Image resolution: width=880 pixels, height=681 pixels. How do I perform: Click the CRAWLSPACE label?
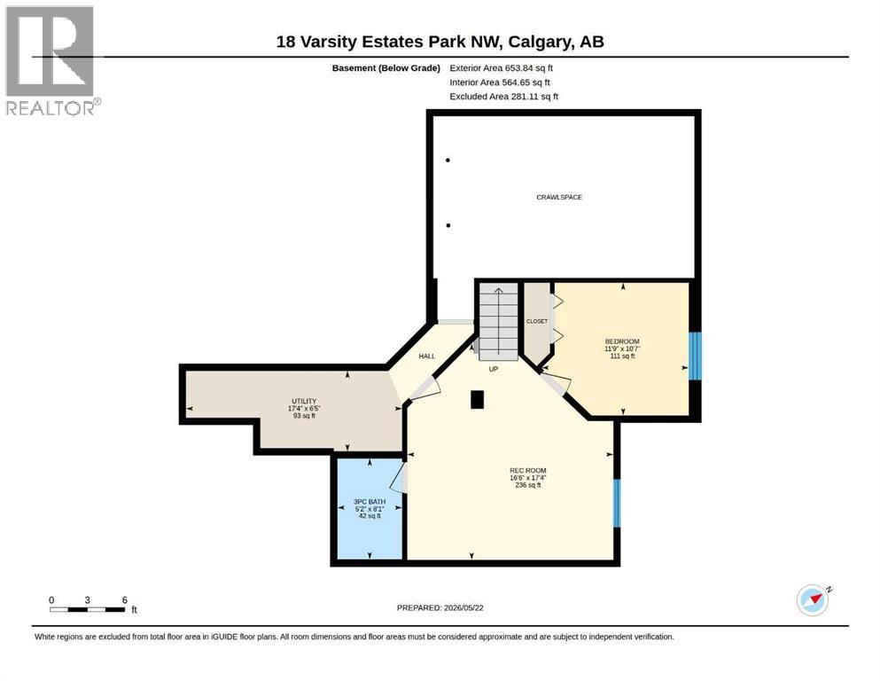[x=559, y=197]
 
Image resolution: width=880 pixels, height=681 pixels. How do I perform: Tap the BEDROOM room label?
[x=622, y=341]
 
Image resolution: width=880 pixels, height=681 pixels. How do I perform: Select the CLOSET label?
[x=536, y=321]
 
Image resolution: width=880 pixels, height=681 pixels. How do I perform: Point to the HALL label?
[x=426, y=356]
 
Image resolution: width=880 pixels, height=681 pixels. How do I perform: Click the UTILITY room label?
[x=304, y=401]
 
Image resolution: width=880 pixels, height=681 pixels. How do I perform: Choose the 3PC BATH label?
[x=370, y=501]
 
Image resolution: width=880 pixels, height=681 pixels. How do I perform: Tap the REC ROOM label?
[x=527, y=471]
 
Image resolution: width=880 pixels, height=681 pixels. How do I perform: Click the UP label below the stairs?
[x=494, y=369]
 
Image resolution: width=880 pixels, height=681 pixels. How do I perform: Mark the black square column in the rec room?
[x=477, y=399]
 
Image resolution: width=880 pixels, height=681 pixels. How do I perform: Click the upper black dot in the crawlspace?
[x=448, y=160]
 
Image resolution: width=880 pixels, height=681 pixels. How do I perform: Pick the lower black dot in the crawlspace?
[x=448, y=226]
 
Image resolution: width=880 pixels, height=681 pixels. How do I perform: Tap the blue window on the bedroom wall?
[x=695, y=356]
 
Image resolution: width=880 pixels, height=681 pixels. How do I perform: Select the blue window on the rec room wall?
[x=617, y=503]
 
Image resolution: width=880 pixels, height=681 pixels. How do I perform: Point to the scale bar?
[x=88, y=609]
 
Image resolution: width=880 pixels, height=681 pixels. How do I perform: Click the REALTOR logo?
[x=51, y=60]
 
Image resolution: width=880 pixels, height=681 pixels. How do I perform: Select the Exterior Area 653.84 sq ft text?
[x=502, y=68]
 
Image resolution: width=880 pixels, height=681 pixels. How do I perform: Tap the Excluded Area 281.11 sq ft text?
[x=504, y=97]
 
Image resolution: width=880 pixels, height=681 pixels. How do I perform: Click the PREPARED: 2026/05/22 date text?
[x=440, y=607]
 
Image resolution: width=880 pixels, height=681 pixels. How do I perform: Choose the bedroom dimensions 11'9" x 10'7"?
[x=622, y=348]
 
